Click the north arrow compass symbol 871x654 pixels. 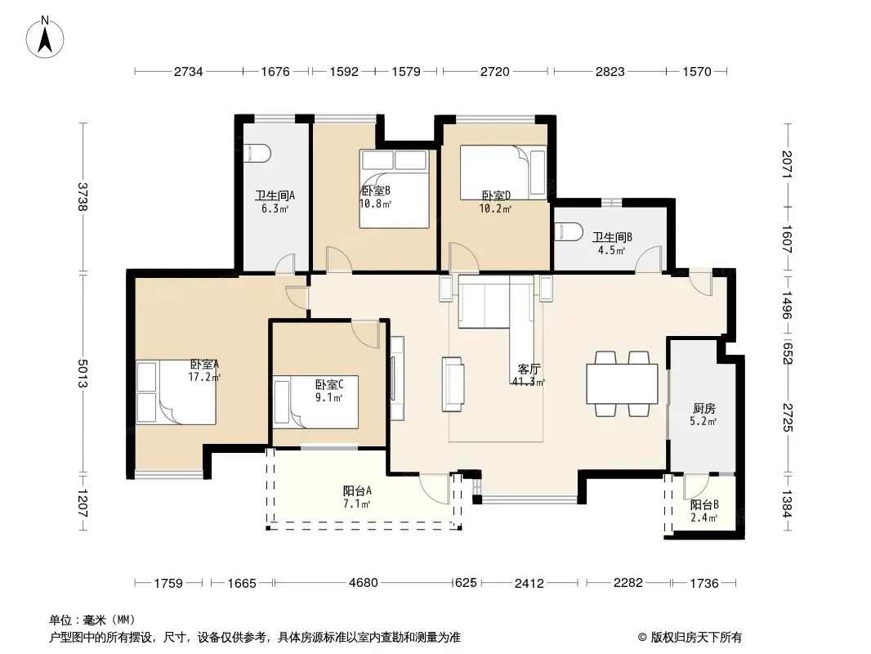coord(44,37)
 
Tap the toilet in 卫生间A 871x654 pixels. coord(257,154)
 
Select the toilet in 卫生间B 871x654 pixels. coord(568,231)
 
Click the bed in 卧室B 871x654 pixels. coord(395,189)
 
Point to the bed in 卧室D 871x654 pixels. coord(503,172)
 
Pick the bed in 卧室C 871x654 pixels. coord(315,401)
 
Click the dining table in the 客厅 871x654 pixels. coord(622,383)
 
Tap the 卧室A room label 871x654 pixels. coord(204,365)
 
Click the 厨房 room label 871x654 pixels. coord(703,409)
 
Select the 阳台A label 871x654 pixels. coord(357,491)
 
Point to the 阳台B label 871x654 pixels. coord(704,504)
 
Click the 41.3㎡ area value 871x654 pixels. coord(529,382)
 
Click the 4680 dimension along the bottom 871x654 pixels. coord(364,583)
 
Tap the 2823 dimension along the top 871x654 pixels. coord(610,71)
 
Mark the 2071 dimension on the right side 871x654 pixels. coord(787,164)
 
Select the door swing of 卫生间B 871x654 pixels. coord(650,259)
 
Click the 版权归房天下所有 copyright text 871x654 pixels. coord(690,638)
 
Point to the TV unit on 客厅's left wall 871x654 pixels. coord(396,378)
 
